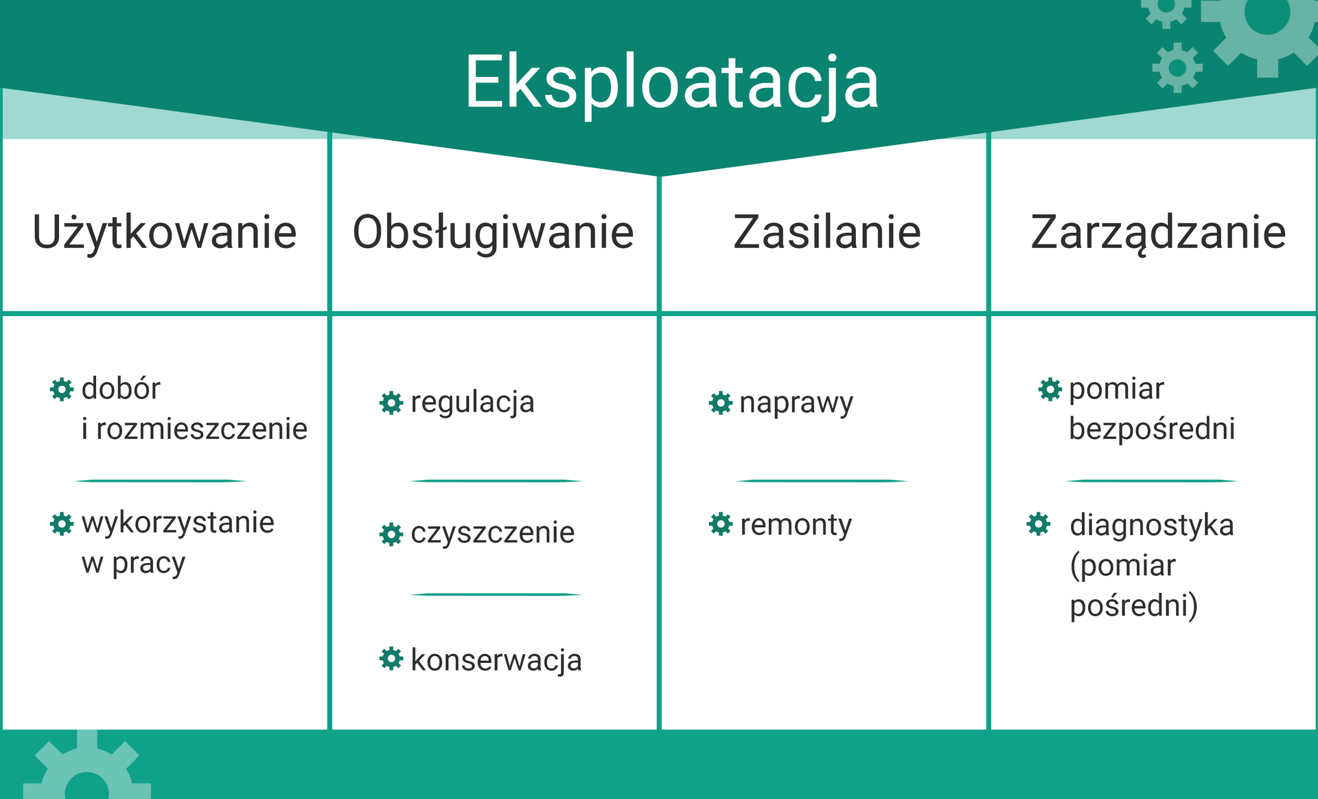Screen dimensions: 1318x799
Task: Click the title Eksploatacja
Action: click(671, 83)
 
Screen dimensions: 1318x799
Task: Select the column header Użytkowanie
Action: click(165, 232)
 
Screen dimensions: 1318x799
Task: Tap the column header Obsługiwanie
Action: click(493, 232)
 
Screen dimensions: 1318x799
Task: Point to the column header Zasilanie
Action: click(826, 232)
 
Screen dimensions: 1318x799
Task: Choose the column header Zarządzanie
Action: click(1158, 232)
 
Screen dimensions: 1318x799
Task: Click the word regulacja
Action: click(472, 403)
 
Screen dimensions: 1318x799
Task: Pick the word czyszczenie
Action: click(492, 533)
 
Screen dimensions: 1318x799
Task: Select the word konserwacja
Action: click(496, 660)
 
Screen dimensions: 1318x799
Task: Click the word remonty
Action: click(796, 526)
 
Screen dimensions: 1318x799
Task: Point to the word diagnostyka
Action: click(1152, 526)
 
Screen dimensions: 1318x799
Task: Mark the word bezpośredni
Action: click(1152, 429)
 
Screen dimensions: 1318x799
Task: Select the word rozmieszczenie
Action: click(202, 429)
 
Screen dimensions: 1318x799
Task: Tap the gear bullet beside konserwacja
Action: click(391, 658)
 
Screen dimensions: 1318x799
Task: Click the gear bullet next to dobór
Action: click(62, 389)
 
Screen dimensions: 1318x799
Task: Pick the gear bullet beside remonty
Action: click(721, 524)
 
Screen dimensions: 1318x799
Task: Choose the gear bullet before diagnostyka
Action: click(1039, 524)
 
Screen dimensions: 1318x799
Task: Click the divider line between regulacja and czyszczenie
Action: click(496, 481)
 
